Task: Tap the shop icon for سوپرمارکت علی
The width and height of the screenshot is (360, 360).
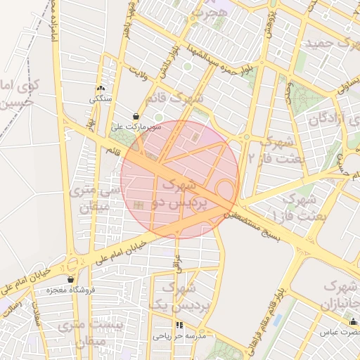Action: pos(136,117)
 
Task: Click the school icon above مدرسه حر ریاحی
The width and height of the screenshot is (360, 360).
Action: pos(179,326)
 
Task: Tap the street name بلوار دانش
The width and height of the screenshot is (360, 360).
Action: pos(167,60)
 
